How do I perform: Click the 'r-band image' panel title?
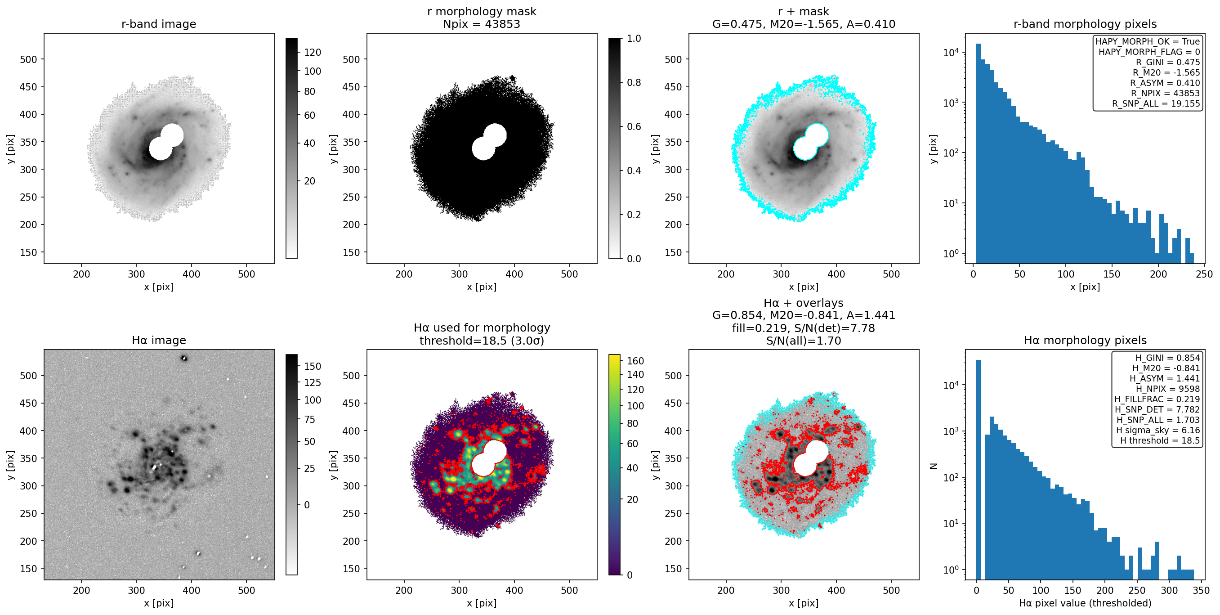tap(159, 24)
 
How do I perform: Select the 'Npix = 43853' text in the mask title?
tap(482, 24)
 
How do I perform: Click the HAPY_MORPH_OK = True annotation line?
tap(1148, 41)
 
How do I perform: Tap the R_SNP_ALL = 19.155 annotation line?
tap(1156, 104)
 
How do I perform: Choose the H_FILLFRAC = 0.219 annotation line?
tap(1157, 399)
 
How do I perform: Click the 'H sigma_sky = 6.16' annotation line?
tap(1158, 430)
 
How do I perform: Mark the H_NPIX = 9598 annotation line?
tap(1168, 389)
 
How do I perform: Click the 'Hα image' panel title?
tap(159, 340)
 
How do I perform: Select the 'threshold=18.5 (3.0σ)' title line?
tap(482, 341)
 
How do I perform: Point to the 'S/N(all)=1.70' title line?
tap(804, 341)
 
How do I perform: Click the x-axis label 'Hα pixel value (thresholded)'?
tap(1085, 603)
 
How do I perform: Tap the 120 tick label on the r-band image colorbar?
tap(313, 52)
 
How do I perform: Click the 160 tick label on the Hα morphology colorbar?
tap(635, 361)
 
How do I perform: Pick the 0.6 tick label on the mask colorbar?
tap(634, 126)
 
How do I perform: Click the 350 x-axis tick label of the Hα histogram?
tap(1201, 590)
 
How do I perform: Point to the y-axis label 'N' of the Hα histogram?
tap(934, 465)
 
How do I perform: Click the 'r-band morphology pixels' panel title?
tap(1085, 24)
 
